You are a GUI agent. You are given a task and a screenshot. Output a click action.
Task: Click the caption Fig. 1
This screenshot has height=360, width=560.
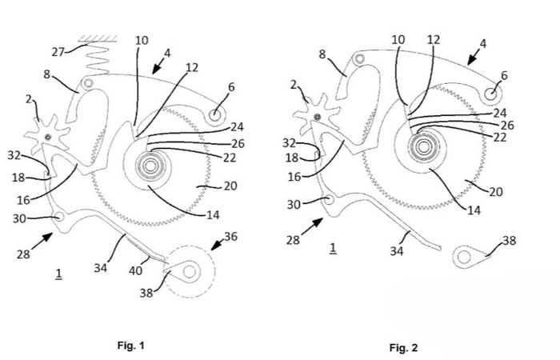point(130,346)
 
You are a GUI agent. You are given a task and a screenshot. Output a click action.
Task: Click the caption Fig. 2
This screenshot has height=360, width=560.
point(403,347)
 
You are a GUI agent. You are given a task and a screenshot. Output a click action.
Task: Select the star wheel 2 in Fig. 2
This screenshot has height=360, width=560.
point(318,118)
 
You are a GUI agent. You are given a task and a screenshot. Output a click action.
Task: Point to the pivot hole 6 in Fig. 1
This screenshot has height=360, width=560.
point(215,114)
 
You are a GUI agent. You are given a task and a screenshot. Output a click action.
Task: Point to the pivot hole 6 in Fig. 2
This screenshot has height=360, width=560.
point(490,95)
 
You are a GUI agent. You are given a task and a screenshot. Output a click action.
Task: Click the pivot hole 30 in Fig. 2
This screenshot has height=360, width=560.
point(327,201)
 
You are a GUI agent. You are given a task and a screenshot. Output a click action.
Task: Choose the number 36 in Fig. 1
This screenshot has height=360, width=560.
point(230,236)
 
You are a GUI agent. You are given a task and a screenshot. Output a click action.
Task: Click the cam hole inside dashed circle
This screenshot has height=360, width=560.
point(190,272)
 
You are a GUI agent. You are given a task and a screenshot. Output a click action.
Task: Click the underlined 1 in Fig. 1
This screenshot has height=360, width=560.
point(58,274)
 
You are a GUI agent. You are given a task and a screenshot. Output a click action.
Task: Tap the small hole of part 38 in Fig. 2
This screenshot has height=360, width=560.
point(462,257)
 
